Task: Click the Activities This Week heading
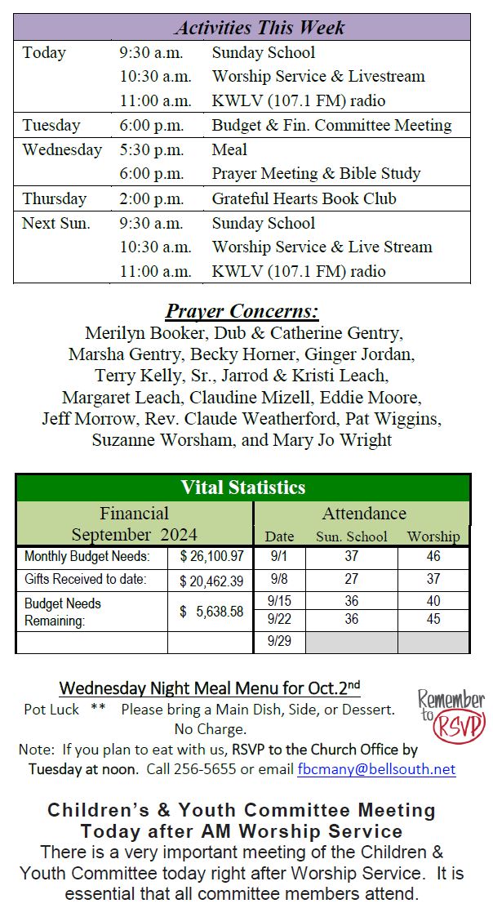click(259, 27)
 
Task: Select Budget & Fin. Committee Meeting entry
click(331, 125)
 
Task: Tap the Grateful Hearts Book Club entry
click(304, 198)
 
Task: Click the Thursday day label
click(54, 198)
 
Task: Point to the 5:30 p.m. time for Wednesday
click(151, 149)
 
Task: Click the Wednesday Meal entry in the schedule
click(229, 149)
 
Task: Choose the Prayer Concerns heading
click(242, 311)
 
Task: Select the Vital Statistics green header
click(242, 487)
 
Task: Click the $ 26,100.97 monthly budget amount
click(211, 557)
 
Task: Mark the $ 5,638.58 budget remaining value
click(211, 611)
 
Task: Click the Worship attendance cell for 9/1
click(433, 557)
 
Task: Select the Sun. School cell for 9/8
click(351, 580)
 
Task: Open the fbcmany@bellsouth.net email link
click(376, 769)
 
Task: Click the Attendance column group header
click(363, 513)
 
